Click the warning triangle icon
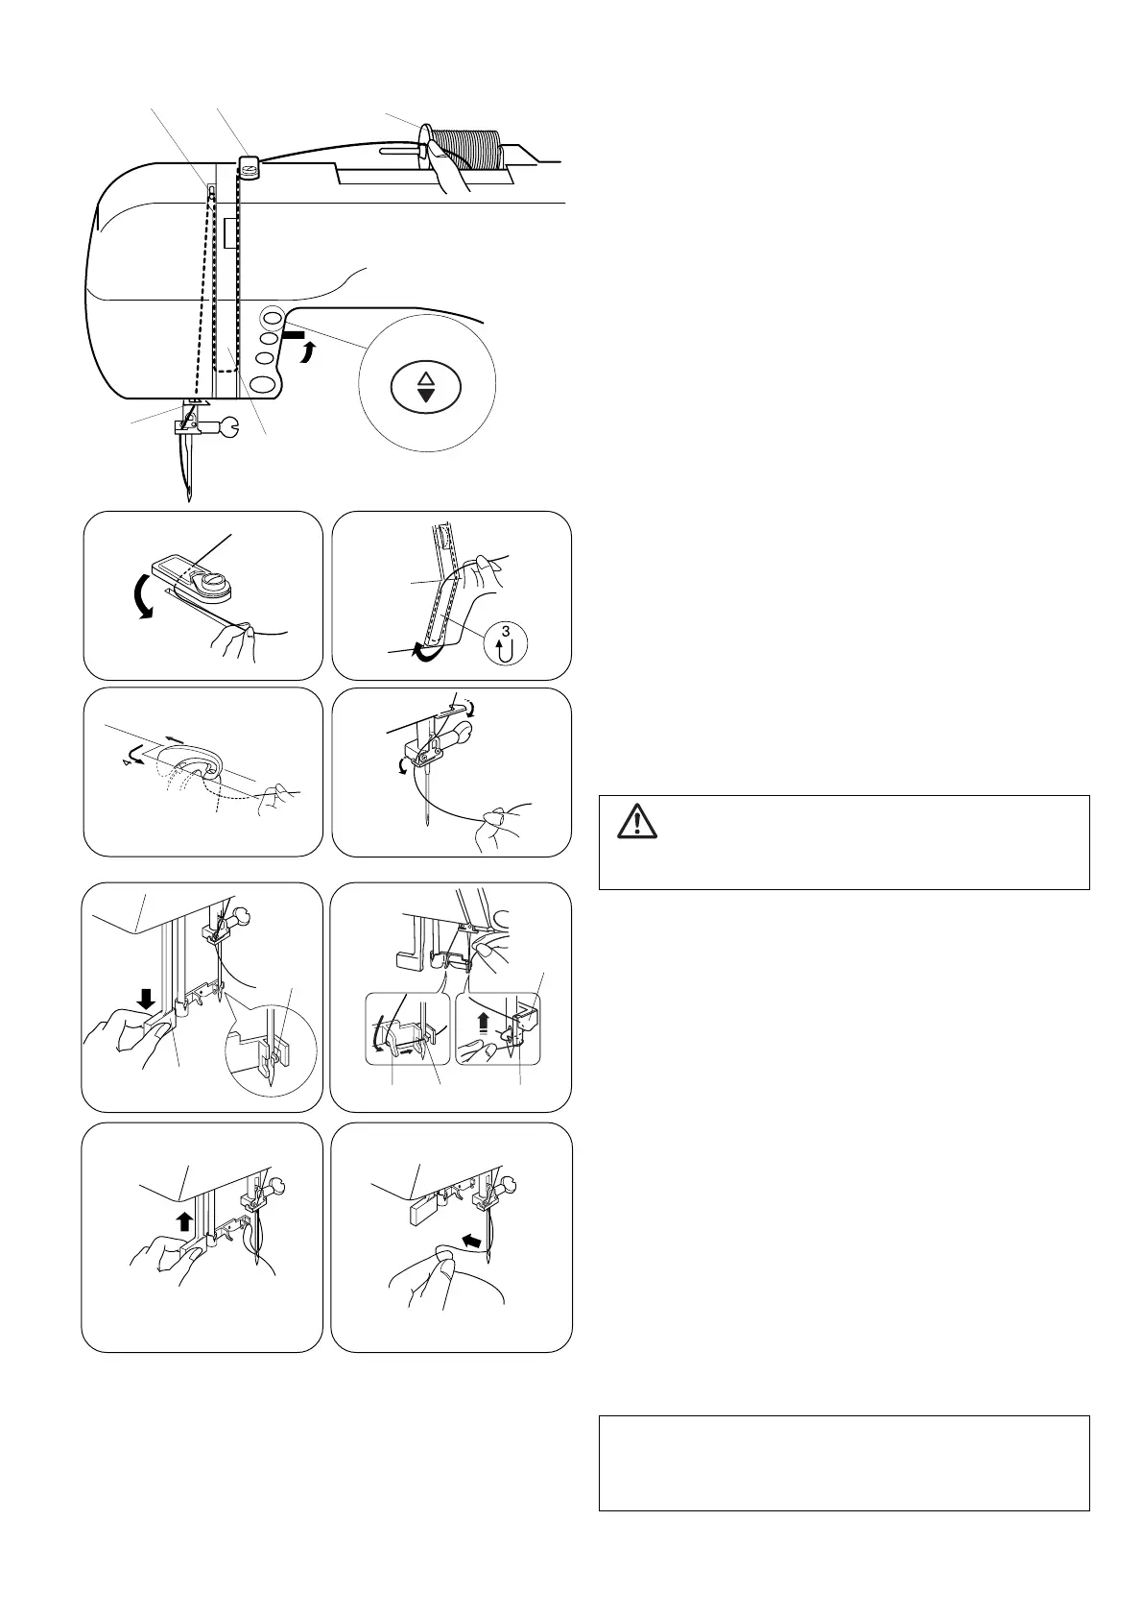[x=637, y=823]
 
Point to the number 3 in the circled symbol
[x=506, y=632]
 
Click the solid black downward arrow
[x=147, y=999]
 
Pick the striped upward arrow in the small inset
[x=484, y=1023]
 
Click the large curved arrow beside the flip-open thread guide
[x=142, y=595]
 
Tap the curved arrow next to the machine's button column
[x=309, y=352]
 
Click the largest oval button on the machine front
[x=265, y=382]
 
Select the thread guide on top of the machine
[x=249, y=166]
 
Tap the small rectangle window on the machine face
[x=230, y=233]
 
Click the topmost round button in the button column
[x=272, y=317]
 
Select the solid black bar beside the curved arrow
[x=295, y=335]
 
